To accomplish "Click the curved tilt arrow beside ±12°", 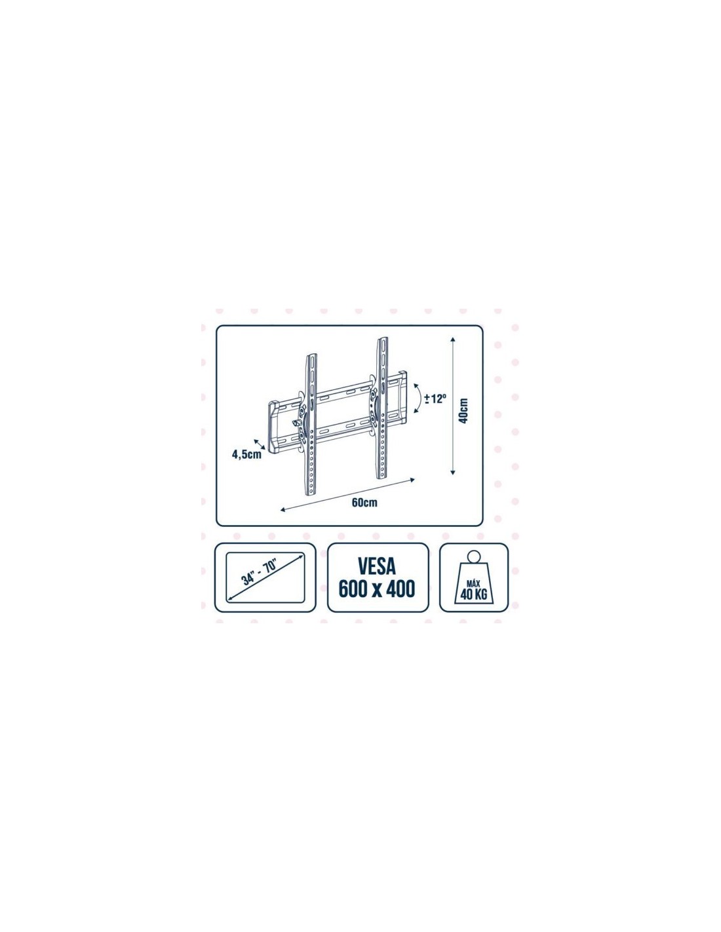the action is [418, 398].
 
